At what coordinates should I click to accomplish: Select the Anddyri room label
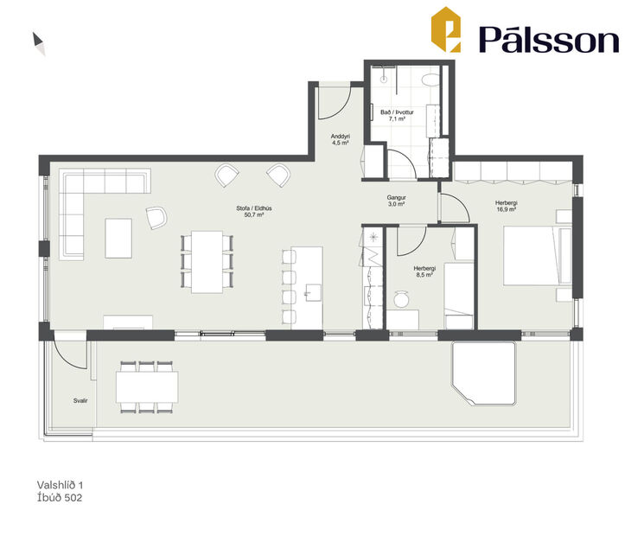[341, 137]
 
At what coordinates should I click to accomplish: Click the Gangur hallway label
[397, 198]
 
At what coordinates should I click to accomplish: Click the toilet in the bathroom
[428, 80]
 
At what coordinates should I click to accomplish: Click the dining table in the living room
[207, 261]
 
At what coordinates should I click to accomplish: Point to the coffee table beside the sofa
[118, 238]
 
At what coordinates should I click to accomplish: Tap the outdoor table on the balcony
[147, 386]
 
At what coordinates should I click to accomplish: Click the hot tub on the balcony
[484, 372]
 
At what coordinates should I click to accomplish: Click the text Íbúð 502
[61, 498]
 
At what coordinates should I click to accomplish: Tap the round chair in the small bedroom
[401, 299]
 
